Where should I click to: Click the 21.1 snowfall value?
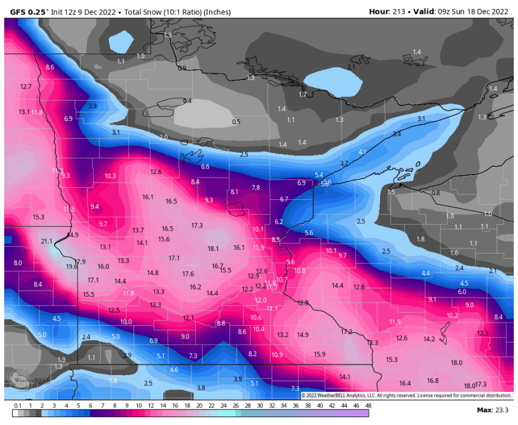click(x=47, y=241)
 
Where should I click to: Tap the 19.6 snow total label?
click(x=71, y=267)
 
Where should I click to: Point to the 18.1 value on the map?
click(x=213, y=249)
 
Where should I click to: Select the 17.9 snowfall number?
click(x=80, y=262)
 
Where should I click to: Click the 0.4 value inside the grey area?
click(x=187, y=101)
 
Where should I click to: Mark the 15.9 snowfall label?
click(x=319, y=354)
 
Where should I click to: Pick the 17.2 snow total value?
click(x=346, y=332)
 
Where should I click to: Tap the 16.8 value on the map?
click(x=432, y=380)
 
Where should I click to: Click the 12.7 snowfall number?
click(x=25, y=87)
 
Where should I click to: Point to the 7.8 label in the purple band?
click(x=255, y=188)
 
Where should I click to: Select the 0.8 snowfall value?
click(x=435, y=193)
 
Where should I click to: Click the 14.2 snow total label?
click(x=429, y=339)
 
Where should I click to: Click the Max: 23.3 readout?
click(x=492, y=410)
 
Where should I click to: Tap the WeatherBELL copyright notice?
click(x=406, y=396)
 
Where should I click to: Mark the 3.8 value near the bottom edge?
click(x=201, y=388)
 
